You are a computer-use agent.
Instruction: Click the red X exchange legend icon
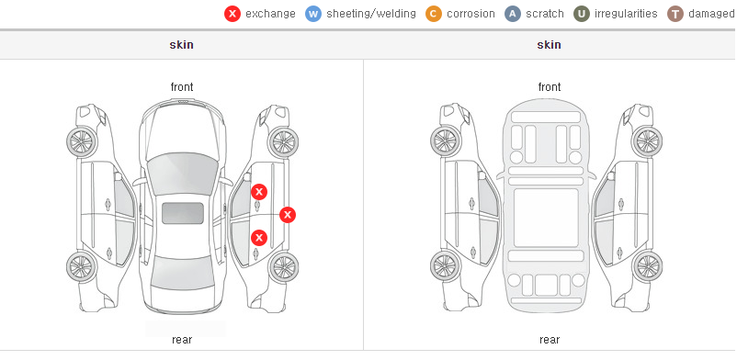click(x=232, y=14)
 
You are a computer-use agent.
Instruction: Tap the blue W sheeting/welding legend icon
click(x=313, y=14)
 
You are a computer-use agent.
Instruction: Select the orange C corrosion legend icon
click(x=434, y=14)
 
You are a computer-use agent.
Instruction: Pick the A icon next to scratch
click(x=513, y=14)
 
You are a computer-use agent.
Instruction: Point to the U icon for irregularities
click(x=582, y=14)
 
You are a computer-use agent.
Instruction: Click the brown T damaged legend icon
click(x=675, y=14)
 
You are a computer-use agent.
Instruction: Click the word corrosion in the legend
click(x=471, y=14)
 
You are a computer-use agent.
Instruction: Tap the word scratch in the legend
click(x=545, y=14)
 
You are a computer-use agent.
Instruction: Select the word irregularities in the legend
click(x=626, y=14)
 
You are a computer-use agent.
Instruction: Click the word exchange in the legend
click(x=270, y=14)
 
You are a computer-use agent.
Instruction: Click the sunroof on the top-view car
click(x=183, y=213)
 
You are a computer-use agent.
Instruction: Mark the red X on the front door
click(x=259, y=192)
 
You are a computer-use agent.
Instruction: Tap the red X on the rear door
click(x=259, y=238)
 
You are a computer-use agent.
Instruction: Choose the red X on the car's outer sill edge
click(x=288, y=215)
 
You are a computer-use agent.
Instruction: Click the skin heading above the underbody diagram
click(x=549, y=45)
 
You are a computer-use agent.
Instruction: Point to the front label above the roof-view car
click(x=182, y=87)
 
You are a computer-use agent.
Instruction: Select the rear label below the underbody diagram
click(x=550, y=340)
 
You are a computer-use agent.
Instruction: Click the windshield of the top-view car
click(x=182, y=174)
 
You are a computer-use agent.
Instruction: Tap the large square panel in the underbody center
click(x=546, y=218)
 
